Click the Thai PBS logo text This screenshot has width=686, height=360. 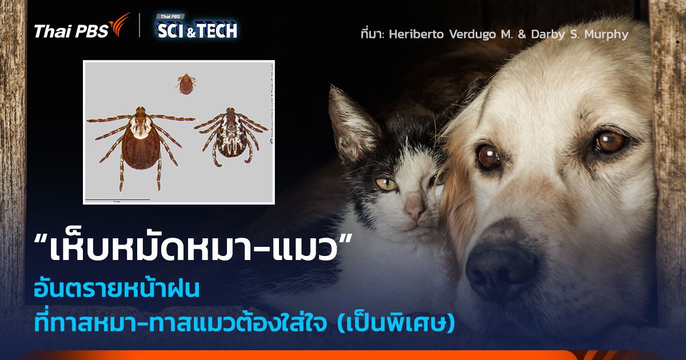pos(71,31)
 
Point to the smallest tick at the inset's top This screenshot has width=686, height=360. pos(184,83)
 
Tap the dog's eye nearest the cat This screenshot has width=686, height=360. pos(489,155)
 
